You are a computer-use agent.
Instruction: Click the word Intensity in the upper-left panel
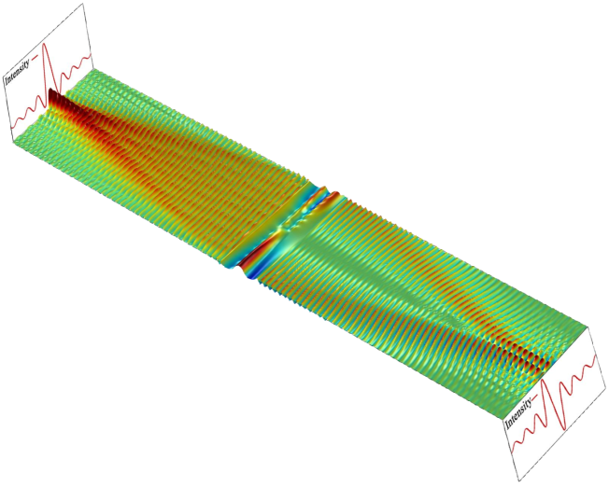click(x=18, y=72)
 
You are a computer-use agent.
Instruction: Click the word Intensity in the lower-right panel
click(x=519, y=412)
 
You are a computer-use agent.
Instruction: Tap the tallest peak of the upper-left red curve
click(x=45, y=44)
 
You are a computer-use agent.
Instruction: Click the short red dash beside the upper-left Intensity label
click(x=35, y=58)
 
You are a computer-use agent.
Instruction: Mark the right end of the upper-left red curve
click(x=91, y=55)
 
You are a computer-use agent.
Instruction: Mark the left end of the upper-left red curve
click(x=12, y=127)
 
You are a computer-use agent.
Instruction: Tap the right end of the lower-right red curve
click(x=595, y=356)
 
